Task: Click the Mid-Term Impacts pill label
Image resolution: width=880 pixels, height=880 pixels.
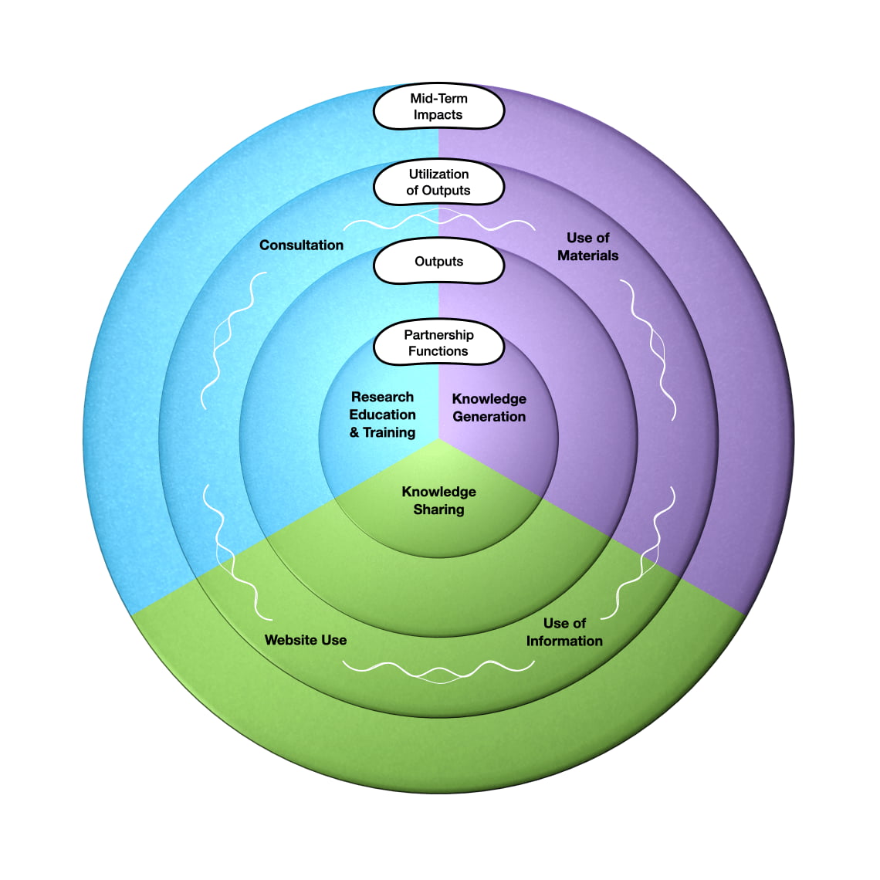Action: (x=438, y=107)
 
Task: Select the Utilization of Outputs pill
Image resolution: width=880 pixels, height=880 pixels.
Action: (x=438, y=182)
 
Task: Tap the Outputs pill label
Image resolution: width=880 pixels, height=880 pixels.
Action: (x=438, y=262)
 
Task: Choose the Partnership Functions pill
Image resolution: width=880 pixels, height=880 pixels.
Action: (x=438, y=343)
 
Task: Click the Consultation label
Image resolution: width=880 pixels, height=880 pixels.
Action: (x=301, y=245)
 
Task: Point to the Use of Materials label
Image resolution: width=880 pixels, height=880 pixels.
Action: (x=587, y=246)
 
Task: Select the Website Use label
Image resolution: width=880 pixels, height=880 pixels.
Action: (x=306, y=640)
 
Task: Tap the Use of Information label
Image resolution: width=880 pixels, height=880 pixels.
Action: (x=564, y=631)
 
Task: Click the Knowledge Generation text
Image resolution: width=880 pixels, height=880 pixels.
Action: (x=489, y=408)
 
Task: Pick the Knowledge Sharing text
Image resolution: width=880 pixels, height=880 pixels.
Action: (x=438, y=500)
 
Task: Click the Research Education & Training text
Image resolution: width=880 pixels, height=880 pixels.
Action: (x=382, y=415)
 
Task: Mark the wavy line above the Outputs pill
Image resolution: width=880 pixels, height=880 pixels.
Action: (x=438, y=222)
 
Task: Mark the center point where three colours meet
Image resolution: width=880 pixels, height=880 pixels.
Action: (x=438, y=438)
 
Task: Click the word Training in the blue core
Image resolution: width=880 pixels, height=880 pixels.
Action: (x=389, y=432)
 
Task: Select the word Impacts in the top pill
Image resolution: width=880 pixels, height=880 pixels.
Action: (x=438, y=115)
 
